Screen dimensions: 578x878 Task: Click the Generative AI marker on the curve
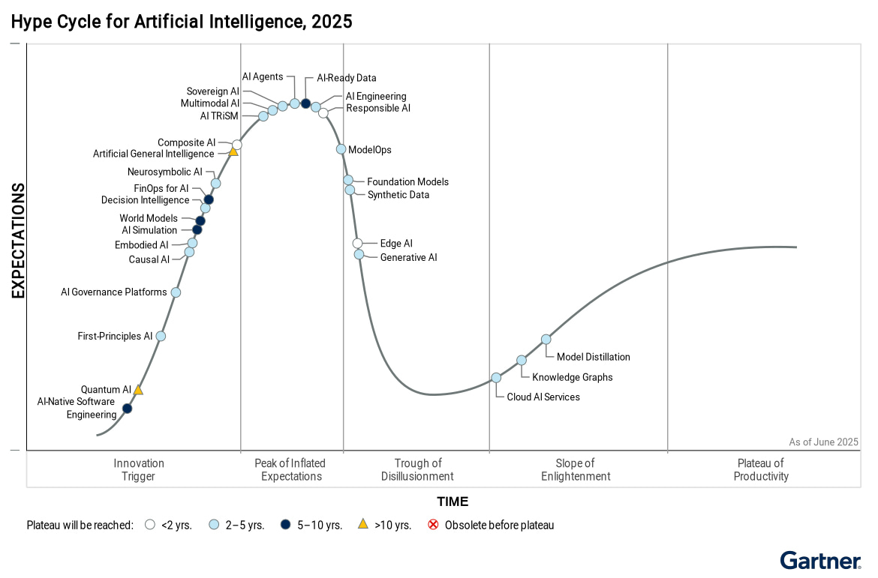click(x=359, y=255)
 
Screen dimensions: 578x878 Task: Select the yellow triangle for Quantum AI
click(x=138, y=391)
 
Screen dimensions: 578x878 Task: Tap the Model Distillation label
click(x=593, y=358)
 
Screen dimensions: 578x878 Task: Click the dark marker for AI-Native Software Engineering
click(x=127, y=409)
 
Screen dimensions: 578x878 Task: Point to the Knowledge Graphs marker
click(x=522, y=361)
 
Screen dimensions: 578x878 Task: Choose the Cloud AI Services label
click(x=543, y=397)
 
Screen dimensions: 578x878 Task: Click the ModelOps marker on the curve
click(x=341, y=149)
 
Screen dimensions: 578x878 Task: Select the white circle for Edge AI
click(x=358, y=243)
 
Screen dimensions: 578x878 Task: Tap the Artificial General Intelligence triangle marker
click(x=233, y=152)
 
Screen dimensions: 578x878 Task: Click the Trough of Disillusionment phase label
click(x=417, y=470)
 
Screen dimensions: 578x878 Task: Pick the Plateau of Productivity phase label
click(x=761, y=470)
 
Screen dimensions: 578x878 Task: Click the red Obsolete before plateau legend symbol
click(x=433, y=525)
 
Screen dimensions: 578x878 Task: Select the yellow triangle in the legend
click(x=363, y=525)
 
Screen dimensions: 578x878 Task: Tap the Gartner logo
click(x=819, y=561)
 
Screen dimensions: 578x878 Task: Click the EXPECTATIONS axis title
click(x=19, y=241)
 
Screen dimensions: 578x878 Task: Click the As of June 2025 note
click(x=823, y=442)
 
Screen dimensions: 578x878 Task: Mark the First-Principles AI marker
click(x=161, y=337)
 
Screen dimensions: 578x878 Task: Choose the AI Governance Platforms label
click(x=114, y=292)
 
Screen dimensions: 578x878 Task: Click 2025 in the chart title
click(x=332, y=22)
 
